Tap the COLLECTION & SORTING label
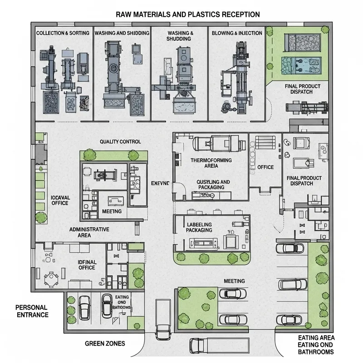(63, 34)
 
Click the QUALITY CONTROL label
(120, 142)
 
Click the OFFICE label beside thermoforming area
(265, 167)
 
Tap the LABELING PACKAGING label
(199, 227)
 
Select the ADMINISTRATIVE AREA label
(89, 232)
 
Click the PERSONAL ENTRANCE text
(32, 311)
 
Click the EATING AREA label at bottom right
(316, 338)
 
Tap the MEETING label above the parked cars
(234, 281)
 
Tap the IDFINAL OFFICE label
(86, 265)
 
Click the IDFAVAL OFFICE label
(59, 200)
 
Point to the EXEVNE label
(160, 183)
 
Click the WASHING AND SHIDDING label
(121, 34)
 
